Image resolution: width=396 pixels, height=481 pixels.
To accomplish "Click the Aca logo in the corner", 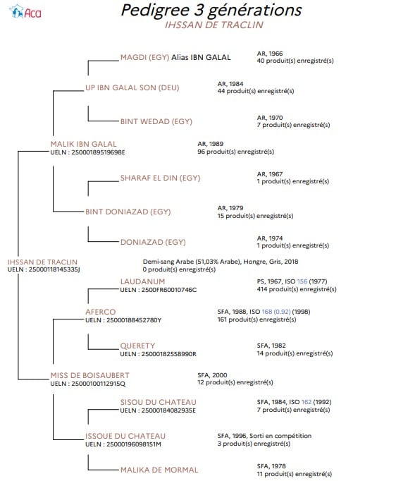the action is (x=25, y=12).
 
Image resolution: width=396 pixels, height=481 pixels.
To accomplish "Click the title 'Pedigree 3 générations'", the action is (x=211, y=10).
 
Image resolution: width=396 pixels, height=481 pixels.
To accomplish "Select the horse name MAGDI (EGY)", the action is (x=144, y=57).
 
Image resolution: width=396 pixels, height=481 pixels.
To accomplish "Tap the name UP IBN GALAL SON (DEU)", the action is (x=132, y=87).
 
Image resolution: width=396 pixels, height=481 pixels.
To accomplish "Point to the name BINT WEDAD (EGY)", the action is (x=156, y=121).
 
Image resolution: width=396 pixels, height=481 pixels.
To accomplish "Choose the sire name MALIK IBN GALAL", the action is (x=83, y=144).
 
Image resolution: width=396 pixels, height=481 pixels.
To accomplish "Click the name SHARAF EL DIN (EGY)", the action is (x=160, y=178).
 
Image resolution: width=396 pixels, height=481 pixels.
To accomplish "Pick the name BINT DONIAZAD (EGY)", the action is (x=128, y=212).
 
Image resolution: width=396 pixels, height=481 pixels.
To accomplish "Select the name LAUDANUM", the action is (x=142, y=281).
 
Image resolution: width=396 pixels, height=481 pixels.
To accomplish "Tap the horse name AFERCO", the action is (x=100, y=312).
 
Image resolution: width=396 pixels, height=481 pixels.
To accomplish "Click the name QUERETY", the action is (x=137, y=346).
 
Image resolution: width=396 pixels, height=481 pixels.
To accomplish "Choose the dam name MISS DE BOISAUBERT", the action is (x=89, y=375).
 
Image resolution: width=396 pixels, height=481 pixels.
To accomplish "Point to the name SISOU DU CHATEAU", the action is (x=158, y=402).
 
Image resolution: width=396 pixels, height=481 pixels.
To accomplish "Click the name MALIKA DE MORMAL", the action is (x=159, y=470).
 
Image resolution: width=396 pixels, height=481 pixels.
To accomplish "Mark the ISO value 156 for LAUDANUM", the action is (x=302, y=281).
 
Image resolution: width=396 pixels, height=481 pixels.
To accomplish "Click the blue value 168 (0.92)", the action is (x=276, y=312).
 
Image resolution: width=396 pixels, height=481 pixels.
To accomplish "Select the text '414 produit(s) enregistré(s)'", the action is (x=297, y=289).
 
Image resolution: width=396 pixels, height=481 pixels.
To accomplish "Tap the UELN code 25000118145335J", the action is (x=54, y=269).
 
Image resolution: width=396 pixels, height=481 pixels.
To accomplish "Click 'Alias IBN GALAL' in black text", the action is (x=201, y=57).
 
